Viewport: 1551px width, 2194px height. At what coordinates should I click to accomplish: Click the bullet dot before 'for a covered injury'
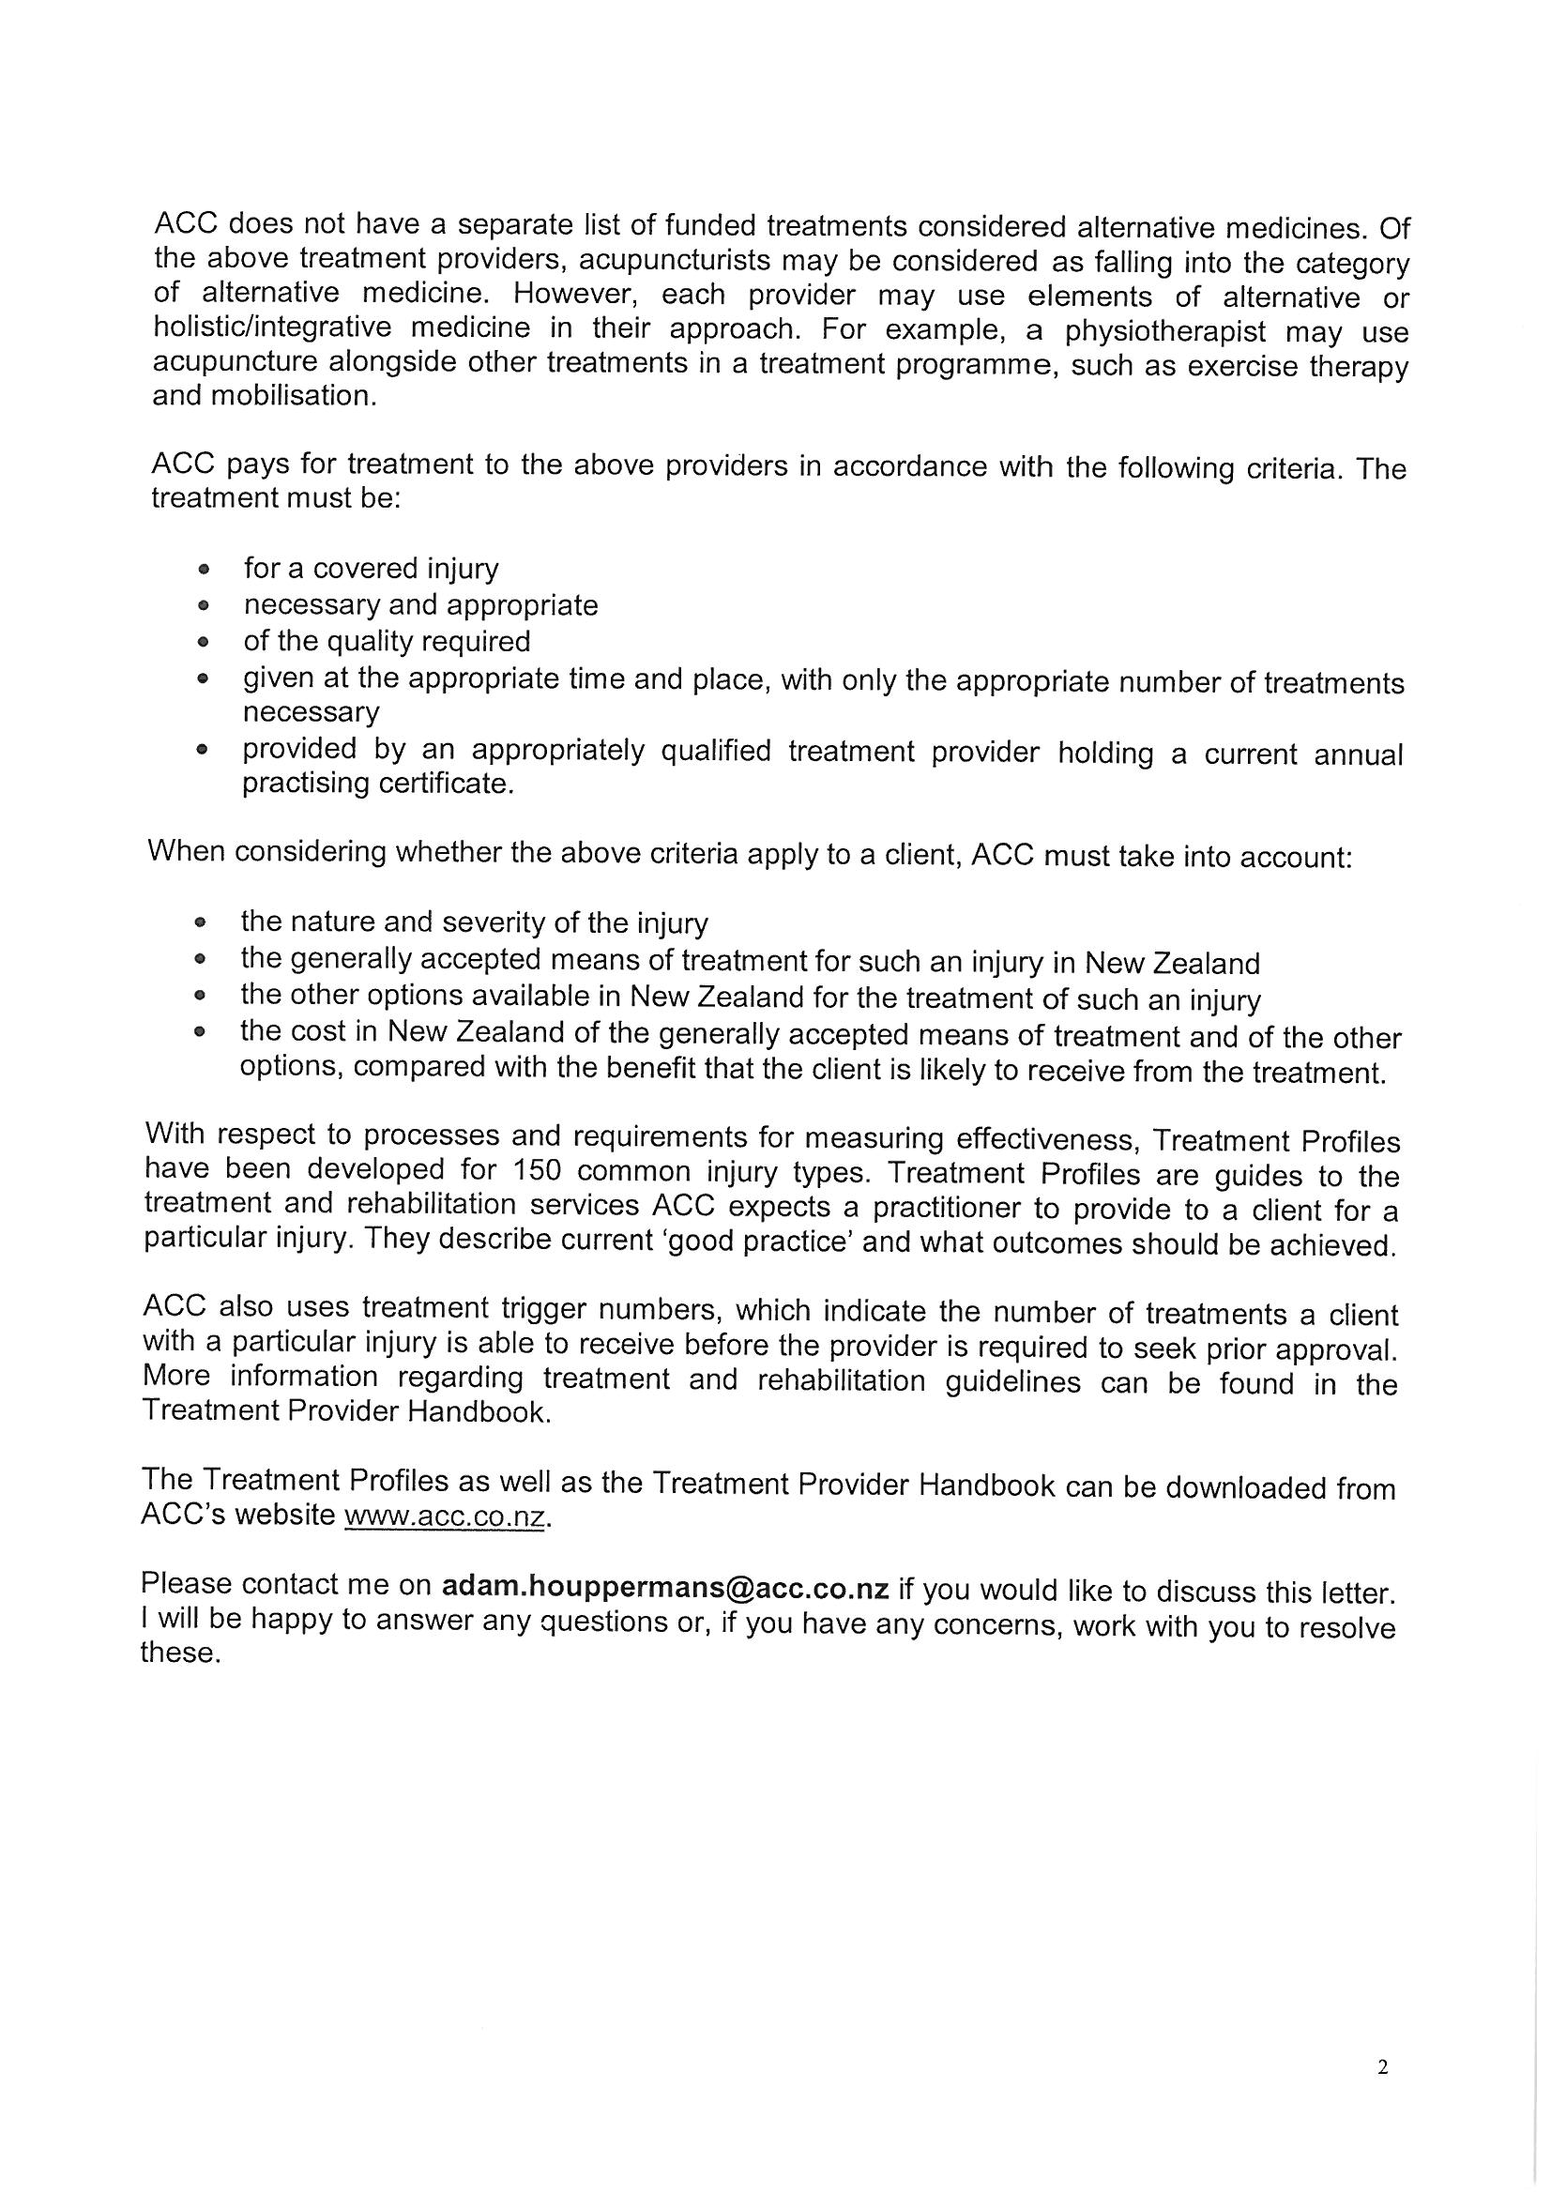click(203, 571)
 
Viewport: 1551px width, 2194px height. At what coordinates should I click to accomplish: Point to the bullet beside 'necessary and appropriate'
click(203, 607)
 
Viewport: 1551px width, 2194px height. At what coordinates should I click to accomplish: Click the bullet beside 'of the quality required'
click(203, 642)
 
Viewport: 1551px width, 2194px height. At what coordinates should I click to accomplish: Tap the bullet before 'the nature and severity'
click(200, 924)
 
